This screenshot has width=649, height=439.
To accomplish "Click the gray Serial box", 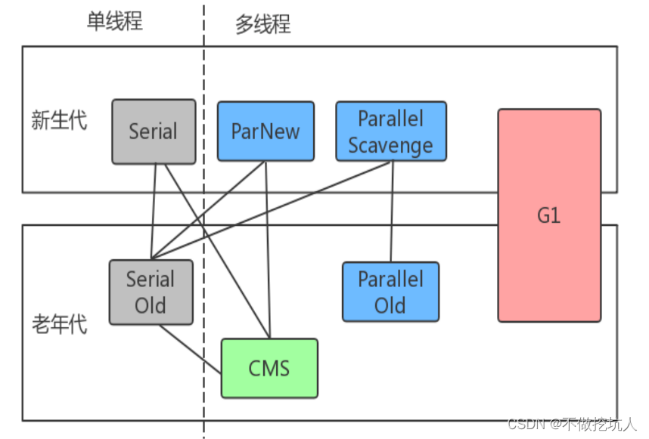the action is point(154,131).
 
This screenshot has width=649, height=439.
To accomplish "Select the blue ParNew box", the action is point(265,131).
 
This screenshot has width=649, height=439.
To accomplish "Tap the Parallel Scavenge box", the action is point(391,131).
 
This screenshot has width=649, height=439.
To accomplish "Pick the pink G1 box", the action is point(549,215).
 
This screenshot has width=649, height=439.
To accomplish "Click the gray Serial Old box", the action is point(151,292).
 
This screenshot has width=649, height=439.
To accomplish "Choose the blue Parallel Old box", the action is point(391,292).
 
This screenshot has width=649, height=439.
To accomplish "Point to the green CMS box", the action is point(269,368).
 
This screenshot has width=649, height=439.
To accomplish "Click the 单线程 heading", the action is point(115,20).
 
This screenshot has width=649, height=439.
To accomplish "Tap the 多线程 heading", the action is point(263,24).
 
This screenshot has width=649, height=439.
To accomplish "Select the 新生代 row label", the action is point(59,120).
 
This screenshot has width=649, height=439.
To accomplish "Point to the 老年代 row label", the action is point(60,323).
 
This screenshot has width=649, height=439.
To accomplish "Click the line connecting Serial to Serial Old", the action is point(154,212).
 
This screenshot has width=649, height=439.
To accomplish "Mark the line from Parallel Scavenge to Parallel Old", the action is point(392,212).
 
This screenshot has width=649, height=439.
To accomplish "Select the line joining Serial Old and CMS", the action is point(191,349).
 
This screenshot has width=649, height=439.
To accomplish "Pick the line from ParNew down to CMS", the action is point(268,249).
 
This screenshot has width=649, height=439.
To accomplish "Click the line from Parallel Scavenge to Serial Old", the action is point(272,210).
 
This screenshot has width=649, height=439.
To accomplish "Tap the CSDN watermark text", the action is point(571,424).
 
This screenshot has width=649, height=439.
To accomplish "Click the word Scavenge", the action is point(391,146).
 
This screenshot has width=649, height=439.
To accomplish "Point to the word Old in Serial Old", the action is point(151,305).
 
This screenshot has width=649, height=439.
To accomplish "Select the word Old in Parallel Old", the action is point(390,305).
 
